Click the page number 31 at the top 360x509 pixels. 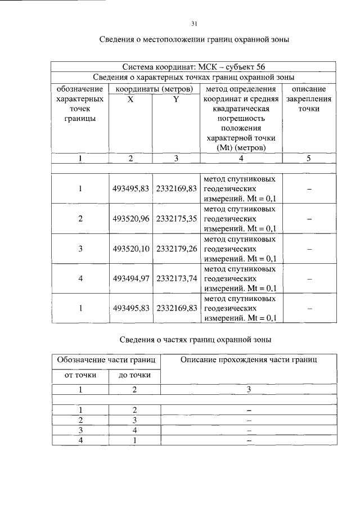tap(193, 23)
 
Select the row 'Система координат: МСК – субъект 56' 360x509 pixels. tap(193, 67)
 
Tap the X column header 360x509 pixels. tap(130, 99)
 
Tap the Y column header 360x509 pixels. tap(176, 99)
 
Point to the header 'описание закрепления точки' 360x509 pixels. tap(309, 99)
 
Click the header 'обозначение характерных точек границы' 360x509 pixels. tap(80, 104)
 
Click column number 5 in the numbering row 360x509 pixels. tap(309, 159)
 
